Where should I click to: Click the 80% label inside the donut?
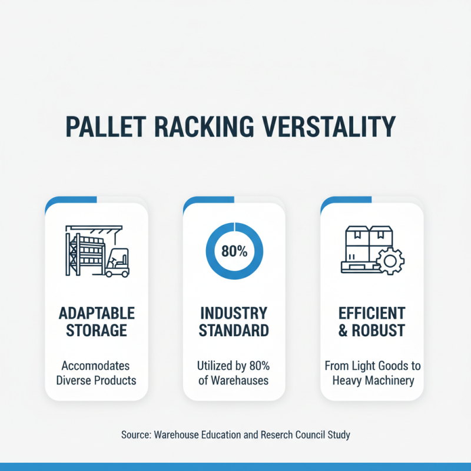(x=234, y=251)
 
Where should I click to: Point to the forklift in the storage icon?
(x=118, y=262)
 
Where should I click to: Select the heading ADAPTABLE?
(x=97, y=313)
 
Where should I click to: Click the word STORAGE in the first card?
(x=97, y=330)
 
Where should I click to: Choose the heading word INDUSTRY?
(x=234, y=313)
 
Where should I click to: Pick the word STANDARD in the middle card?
(x=234, y=330)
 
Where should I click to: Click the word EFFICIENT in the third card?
(x=372, y=313)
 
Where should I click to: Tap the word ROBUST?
(x=379, y=330)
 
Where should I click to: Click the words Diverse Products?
(x=97, y=380)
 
